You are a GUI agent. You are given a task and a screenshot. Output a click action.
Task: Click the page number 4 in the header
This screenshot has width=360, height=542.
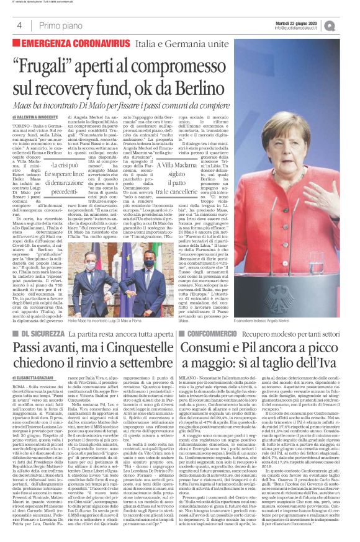[20, 25]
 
